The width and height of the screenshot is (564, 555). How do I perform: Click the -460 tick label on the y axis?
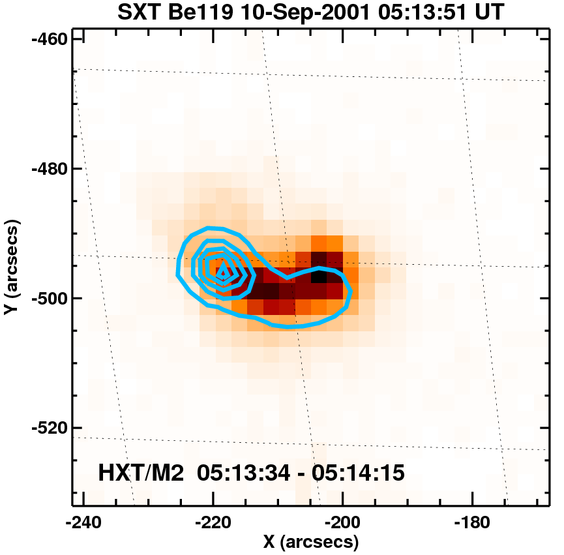pos(48,38)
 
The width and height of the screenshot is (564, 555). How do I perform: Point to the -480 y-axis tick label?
pos(48,168)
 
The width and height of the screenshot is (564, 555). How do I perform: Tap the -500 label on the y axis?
pos(48,298)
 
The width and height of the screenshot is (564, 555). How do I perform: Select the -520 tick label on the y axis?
pos(48,428)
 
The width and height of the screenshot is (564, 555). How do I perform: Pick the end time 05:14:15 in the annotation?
pos(357,472)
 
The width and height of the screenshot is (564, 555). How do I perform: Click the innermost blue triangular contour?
pos(223,271)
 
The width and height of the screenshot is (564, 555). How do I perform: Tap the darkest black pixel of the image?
pos(319,276)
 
